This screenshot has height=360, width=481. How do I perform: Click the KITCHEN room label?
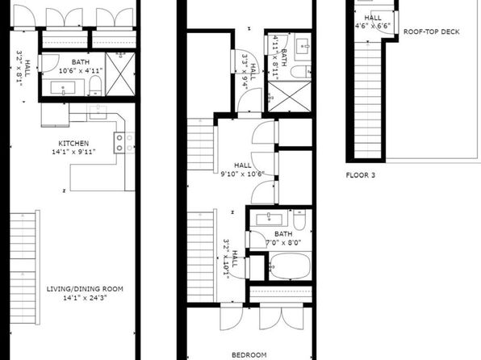[73, 144]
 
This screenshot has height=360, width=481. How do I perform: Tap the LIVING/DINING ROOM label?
[85, 289]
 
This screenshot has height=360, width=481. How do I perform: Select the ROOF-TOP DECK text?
[431, 31]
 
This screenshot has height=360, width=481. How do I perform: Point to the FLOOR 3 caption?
[361, 175]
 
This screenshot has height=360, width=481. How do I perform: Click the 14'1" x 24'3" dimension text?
[85, 297]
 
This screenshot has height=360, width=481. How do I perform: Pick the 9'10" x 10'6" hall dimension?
[243, 174]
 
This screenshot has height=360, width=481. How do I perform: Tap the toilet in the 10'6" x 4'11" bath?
[95, 86]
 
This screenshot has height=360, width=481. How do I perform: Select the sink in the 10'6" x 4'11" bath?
[63, 88]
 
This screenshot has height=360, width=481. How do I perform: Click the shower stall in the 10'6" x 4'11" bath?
[120, 74]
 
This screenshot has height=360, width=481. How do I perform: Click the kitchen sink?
[98, 111]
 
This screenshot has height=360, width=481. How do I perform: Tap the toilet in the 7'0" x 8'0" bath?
[299, 220]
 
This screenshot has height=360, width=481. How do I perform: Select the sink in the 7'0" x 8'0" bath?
[269, 219]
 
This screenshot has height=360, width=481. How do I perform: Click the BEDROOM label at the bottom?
[249, 355]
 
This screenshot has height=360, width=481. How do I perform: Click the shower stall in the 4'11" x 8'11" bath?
[290, 97]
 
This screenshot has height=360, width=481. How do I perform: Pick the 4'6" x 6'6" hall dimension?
[373, 26]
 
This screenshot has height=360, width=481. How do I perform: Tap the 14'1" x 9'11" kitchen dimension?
[73, 152]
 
